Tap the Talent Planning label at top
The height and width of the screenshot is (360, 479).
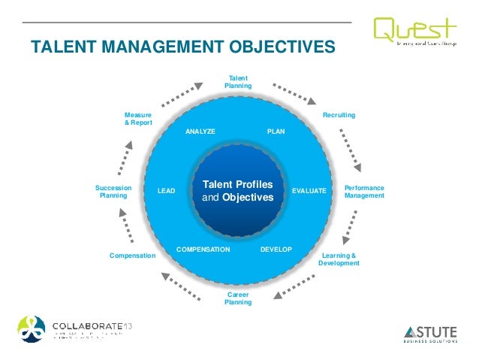pos(238,82)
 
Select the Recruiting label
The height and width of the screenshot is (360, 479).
pos(339,115)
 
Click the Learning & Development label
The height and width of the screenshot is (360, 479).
pos(339,259)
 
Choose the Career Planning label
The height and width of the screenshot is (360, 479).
pos(238,298)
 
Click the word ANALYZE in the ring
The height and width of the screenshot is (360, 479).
pos(200,132)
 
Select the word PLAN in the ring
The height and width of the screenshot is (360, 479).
pos(276,132)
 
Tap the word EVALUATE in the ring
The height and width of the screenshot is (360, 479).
pos(309,192)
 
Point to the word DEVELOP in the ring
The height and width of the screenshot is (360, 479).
pos(276,248)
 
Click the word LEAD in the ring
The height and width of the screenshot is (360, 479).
pos(166,192)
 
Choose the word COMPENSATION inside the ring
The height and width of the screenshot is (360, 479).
pos(203,248)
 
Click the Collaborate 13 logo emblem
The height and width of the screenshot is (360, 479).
pos(31,328)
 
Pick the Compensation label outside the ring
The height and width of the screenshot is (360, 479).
pos(132,256)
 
